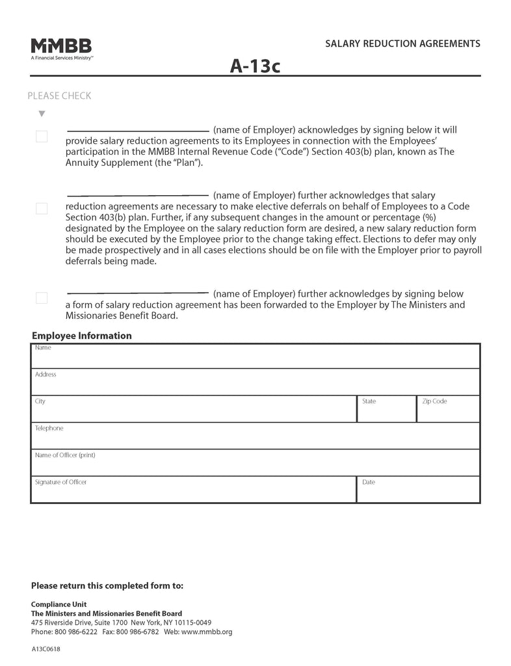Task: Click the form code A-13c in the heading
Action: click(x=255, y=66)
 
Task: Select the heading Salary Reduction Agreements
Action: click(x=402, y=44)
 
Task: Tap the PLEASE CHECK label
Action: click(x=59, y=96)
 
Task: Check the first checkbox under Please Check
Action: click(x=42, y=137)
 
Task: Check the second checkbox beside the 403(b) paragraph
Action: click(x=42, y=209)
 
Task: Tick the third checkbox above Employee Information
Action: click(x=42, y=298)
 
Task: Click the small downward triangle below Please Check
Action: click(x=42, y=114)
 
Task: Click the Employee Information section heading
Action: click(x=81, y=336)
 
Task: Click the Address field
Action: click(x=255, y=383)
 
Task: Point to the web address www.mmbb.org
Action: click(x=207, y=632)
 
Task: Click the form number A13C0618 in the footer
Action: click(x=46, y=649)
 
